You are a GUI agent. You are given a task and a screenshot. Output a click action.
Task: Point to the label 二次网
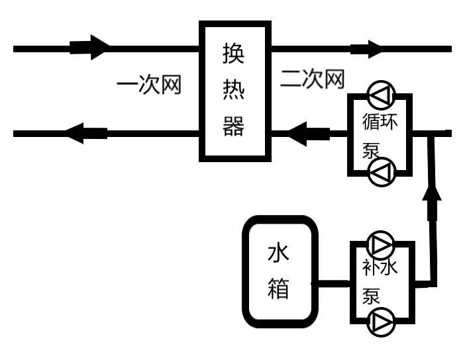pyautogui.click(x=313, y=79)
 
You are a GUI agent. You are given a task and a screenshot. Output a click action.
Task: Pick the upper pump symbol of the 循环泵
pyautogui.click(x=381, y=97)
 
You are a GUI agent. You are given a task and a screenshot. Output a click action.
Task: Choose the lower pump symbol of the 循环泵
pyautogui.click(x=381, y=173)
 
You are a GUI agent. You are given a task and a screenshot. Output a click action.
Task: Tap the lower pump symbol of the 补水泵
pyautogui.click(x=381, y=322)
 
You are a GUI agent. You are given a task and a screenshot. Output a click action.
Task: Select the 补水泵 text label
pyautogui.click(x=380, y=281)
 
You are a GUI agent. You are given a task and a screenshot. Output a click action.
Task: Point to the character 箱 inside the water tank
pyautogui.click(x=279, y=289)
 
